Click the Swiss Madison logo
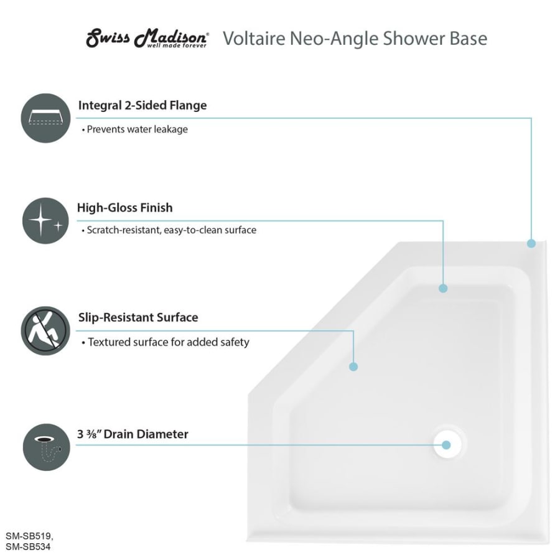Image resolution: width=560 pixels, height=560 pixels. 147,38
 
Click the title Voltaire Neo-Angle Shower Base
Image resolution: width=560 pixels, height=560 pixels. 355,38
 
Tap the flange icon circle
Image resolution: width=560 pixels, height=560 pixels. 45,118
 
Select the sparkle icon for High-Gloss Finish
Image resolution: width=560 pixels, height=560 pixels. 45,221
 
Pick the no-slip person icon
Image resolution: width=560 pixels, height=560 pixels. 45,331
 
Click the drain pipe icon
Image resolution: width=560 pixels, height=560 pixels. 47,447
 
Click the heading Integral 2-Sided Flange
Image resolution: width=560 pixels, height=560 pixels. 142,105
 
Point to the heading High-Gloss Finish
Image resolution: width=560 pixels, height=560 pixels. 125,207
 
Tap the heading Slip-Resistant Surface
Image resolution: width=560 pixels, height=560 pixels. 138,317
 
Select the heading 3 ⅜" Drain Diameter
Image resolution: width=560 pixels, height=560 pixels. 133,434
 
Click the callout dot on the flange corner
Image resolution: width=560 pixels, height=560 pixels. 531,243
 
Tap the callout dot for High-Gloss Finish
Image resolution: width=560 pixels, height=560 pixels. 443,288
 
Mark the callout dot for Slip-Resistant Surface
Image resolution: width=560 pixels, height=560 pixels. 353,366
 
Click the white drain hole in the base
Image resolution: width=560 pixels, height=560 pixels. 447,445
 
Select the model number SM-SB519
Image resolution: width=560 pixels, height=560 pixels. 29,536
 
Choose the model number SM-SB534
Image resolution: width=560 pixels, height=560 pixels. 28,547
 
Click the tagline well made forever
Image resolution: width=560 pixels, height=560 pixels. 177,45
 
